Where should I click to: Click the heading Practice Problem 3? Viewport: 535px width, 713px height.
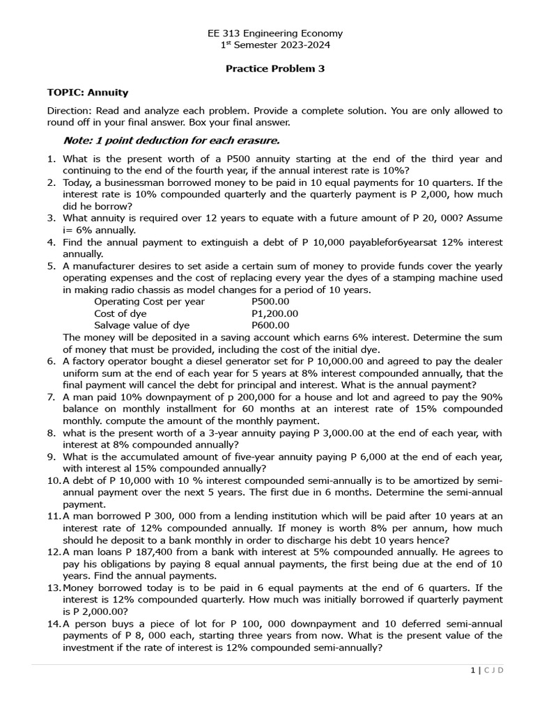click(275, 69)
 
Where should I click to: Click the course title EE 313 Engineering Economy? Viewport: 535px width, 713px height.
click(275, 33)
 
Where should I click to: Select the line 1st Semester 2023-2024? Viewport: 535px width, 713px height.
click(275, 45)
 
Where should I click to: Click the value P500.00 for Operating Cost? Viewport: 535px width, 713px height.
click(270, 301)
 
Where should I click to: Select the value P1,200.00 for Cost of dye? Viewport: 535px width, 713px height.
click(274, 313)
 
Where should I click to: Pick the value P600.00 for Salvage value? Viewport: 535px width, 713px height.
click(270, 325)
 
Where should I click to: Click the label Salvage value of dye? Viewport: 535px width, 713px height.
click(141, 325)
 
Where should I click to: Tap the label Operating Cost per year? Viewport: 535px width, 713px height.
click(149, 301)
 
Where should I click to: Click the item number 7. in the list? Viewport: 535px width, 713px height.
click(52, 397)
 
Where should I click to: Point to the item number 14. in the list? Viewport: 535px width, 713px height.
click(54, 623)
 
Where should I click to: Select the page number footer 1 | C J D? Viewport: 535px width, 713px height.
click(486, 670)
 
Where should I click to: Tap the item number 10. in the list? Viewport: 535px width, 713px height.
click(54, 480)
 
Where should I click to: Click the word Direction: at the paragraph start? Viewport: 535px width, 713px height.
click(69, 111)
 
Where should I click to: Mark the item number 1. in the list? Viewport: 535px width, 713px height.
click(52, 159)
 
